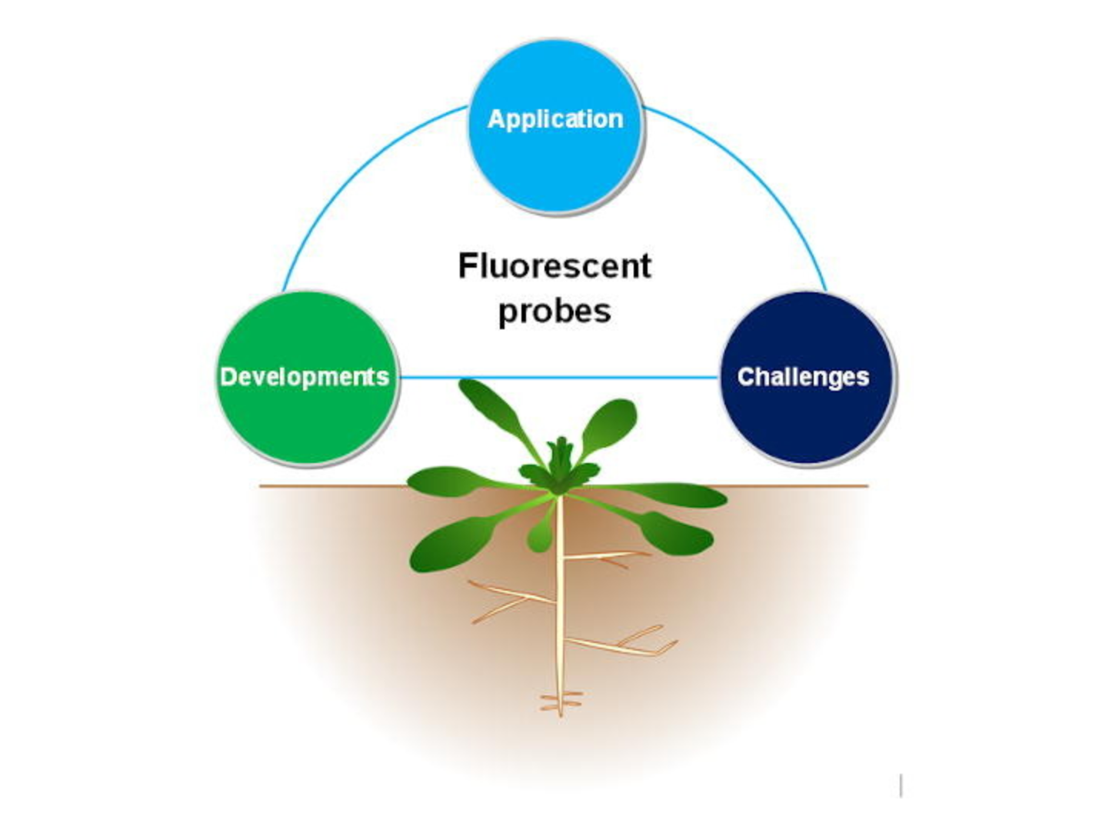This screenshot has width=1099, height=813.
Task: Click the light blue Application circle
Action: pyautogui.click(x=555, y=127)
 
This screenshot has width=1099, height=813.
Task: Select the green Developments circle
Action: pyautogui.click(x=307, y=378)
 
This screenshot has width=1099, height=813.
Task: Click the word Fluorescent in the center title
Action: pyautogui.click(x=554, y=266)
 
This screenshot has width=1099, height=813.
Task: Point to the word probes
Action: pyautogui.click(x=554, y=312)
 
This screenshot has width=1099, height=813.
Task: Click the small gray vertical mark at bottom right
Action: pyautogui.click(x=901, y=785)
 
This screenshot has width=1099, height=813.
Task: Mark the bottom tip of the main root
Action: pyautogui.click(x=561, y=712)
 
